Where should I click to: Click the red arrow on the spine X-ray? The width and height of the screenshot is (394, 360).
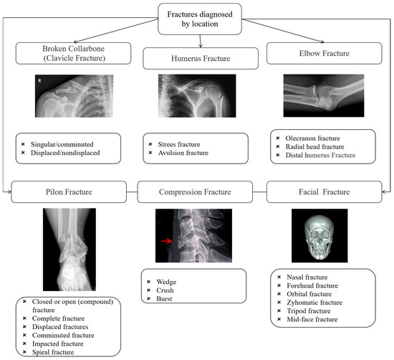(166, 242)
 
